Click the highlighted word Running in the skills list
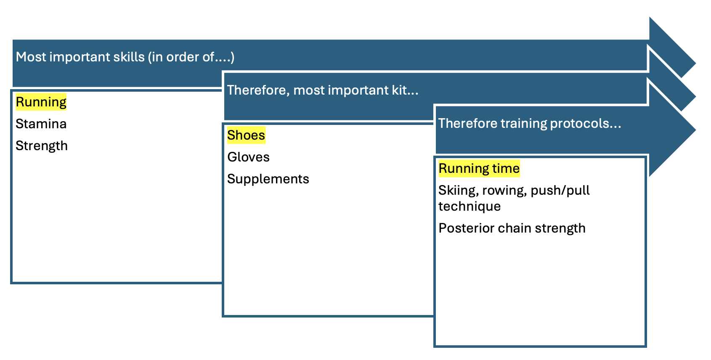pyautogui.click(x=41, y=102)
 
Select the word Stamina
pyautogui.click(x=41, y=124)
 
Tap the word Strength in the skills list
pyautogui.click(x=42, y=146)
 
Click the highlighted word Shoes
pyautogui.click(x=246, y=135)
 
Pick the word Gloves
pyautogui.click(x=248, y=157)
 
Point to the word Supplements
pyautogui.click(x=268, y=179)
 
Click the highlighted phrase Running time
pyautogui.click(x=479, y=168)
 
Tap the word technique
pyautogui.click(x=470, y=206)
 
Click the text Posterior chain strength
pyautogui.click(x=512, y=228)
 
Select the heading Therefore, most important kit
pyautogui.click(x=323, y=90)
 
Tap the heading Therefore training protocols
pyautogui.click(x=529, y=123)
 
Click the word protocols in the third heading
pyautogui.click(x=585, y=123)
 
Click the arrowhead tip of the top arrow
pyautogui.click(x=695, y=63)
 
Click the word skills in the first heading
pyautogui.click(x=129, y=57)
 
